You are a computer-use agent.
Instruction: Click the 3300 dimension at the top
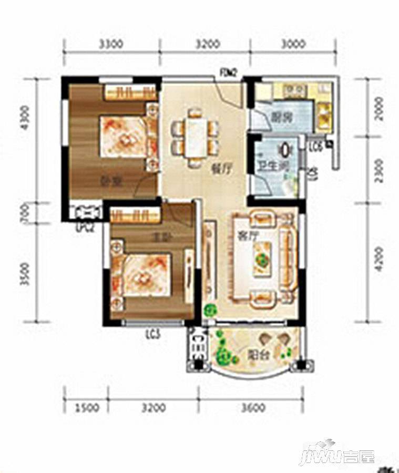tap(112, 44)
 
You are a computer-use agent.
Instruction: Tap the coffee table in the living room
tap(262, 258)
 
